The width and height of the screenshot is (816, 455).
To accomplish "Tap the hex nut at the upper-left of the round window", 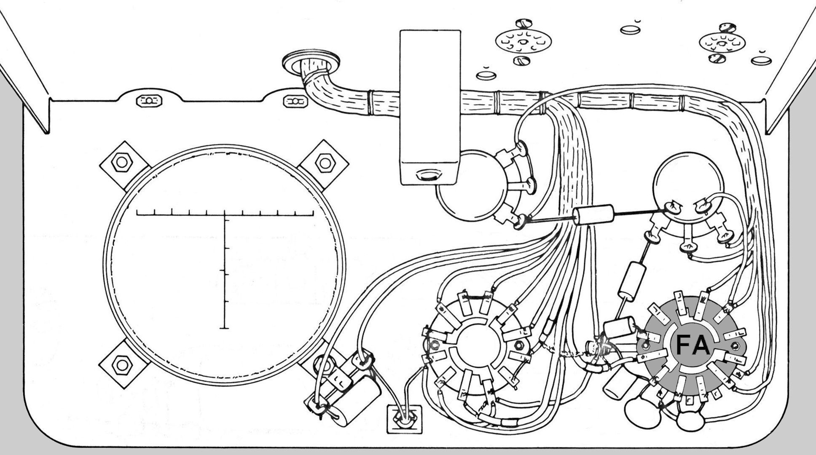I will (x=122, y=163).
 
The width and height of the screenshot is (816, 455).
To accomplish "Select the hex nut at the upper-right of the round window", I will (x=325, y=163).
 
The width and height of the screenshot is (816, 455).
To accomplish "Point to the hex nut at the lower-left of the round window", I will (x=122, y=365).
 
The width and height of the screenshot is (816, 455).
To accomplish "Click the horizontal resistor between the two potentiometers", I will (x=594, y=215).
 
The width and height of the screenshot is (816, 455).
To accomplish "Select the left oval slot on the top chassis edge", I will (x=149, y=101).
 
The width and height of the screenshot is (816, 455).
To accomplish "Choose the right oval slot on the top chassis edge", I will (x=295, y=102).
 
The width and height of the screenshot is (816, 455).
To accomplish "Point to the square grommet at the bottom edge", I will (x=404, y=419).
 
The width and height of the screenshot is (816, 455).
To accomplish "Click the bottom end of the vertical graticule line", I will (x=224, y=328).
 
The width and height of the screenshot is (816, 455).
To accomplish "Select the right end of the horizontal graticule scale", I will (x=313, y=215).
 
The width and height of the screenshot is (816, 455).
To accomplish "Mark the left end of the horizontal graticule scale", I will (x=137, y=215).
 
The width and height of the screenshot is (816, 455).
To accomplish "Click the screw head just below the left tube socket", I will (x=521, y=61).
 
